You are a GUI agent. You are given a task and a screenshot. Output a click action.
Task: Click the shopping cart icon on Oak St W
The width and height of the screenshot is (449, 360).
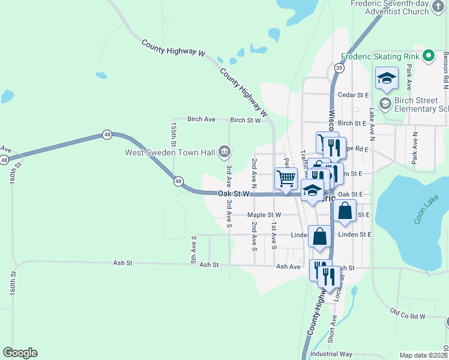click(286, 178)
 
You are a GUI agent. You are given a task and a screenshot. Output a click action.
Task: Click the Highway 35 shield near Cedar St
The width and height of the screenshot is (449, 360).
click(340, 68)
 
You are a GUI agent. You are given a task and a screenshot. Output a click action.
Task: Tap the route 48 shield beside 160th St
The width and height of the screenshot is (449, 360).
click(4, 160)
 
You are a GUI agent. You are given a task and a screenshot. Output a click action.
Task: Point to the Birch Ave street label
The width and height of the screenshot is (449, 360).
click(201, 119)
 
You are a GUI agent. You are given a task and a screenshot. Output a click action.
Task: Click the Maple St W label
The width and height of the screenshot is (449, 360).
click(264, 215)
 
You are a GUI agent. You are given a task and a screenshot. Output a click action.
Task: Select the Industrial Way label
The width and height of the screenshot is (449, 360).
click(331, 354)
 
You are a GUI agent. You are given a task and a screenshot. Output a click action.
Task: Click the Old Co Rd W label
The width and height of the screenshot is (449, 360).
click(408, 314)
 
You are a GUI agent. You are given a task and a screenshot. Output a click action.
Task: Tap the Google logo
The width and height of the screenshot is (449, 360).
click(20, 353)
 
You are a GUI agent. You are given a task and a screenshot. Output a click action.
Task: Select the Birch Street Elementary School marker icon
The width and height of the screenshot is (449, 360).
click(385, 104)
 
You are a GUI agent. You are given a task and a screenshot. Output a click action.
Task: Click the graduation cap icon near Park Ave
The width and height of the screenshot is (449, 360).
click(387, 77)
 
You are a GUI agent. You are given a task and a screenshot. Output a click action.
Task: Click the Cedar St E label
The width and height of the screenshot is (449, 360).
click(353, 95)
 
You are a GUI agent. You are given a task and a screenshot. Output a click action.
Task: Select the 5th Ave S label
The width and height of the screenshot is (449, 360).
click(194, 250)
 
